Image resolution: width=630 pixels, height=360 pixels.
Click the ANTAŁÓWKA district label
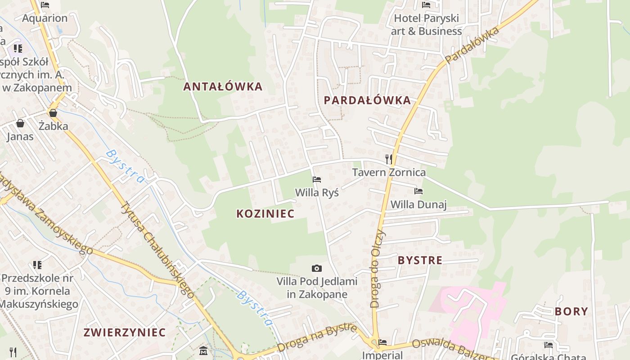pos(223,86)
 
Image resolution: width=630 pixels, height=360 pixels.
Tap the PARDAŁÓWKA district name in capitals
pos(367,100)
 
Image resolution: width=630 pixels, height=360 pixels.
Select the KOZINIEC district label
pos(265,214)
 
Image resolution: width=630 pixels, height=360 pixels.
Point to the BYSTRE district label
pos(420,260)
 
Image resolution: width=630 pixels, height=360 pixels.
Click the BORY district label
pos(571,311)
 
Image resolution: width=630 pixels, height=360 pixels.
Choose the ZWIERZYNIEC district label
pos(125,333)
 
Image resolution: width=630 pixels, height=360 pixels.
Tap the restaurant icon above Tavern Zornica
pos(389,159)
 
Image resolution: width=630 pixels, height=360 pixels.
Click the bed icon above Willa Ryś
pos(317,180)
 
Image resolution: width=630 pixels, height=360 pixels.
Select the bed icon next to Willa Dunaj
pos(418,191)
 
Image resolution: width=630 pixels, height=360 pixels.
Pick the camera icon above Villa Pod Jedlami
pos(317,268)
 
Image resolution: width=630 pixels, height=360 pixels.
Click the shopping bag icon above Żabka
pos(53,113)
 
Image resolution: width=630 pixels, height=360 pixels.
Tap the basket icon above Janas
pos(20,123)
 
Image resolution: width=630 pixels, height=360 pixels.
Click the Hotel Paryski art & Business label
pos(426,25)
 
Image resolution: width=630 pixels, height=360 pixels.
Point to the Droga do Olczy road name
pos(377,269)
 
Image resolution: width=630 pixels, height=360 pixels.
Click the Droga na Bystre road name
pos(317,338)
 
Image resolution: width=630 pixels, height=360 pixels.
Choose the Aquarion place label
pos(45,18)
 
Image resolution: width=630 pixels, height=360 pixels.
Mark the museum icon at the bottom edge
pos(203,351)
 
